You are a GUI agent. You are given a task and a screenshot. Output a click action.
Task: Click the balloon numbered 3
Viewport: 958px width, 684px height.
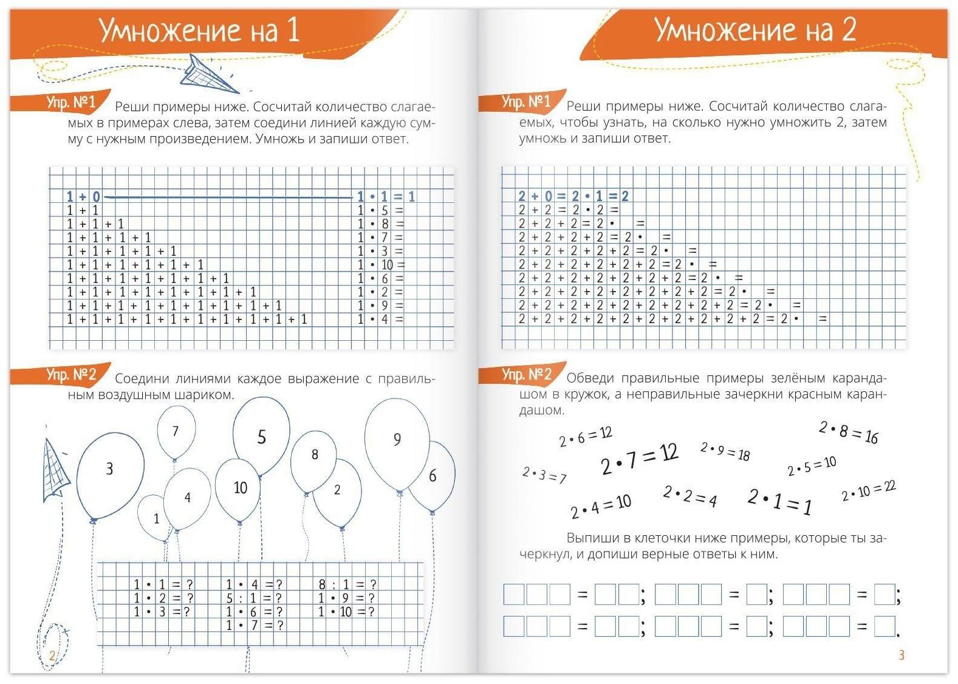pyautogui.click(x=111, y=474)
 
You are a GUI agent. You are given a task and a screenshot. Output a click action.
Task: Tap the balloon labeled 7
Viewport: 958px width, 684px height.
pyautogui.click(x=176, y=432)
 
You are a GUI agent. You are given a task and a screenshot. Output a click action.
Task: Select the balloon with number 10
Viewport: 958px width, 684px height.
pyautogui.click(x=239, y=489)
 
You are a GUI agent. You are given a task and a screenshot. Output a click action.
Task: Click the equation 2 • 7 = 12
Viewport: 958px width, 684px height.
pyautogui.click(x=639, y=460)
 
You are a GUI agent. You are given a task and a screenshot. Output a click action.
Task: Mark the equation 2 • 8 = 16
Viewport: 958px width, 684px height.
pyautogui.click(x=849, y=433)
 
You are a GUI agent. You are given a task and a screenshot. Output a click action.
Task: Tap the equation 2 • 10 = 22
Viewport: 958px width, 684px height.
pyautogui.click(x=869, y=491)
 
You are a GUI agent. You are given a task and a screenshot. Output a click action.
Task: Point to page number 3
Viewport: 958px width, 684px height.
pyautogui.click(x=902, y=655)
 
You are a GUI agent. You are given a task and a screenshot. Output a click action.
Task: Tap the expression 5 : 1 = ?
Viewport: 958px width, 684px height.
pyautogui.click(x=254, y=598)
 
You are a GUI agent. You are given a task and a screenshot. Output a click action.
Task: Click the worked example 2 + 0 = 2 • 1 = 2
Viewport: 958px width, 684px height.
pyautogui.click(x=573, y=196)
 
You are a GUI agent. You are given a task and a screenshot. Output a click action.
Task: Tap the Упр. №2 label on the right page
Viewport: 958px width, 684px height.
pyautogui.click(x=526, y=374)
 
